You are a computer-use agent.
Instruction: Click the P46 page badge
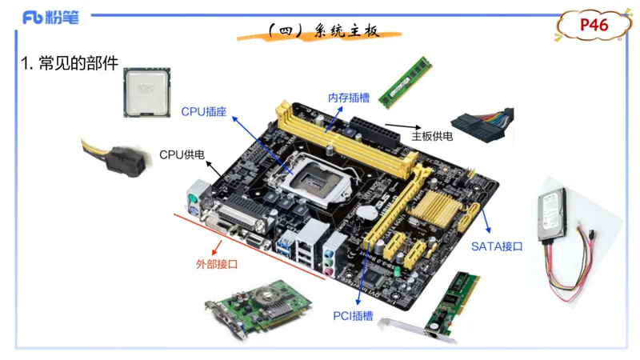(594, 26)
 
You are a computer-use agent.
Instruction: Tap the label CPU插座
(204, 111)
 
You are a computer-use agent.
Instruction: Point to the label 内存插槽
(349, 98)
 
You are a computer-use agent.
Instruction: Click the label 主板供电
(432, 136)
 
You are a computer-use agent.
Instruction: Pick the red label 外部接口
(217, 263)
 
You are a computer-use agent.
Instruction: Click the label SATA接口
(496, 246)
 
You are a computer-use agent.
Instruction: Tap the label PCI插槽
(353, 316)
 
